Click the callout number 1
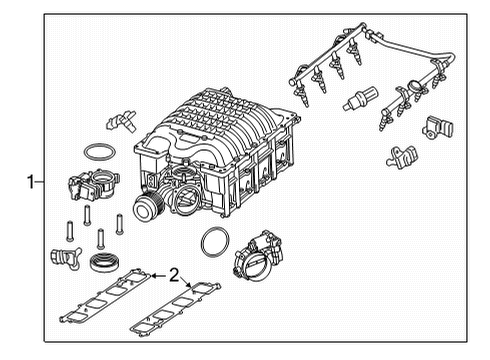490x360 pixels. (x=32, y=182)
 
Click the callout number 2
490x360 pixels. (x=174, y=273)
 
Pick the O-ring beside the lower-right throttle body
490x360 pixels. (x=214, y=242)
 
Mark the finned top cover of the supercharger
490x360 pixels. (x=219, y=125)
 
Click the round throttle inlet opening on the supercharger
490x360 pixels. (x=189, y=199)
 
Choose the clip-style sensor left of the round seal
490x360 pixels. (x=62, y=259)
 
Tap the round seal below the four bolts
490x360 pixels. (x=102, y=265)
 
